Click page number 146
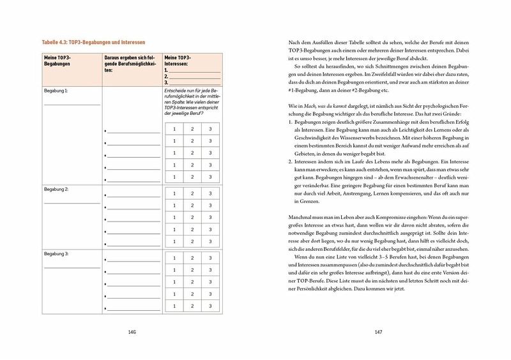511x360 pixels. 132,333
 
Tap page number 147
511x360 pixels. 378,333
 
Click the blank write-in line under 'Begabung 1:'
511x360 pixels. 72,103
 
